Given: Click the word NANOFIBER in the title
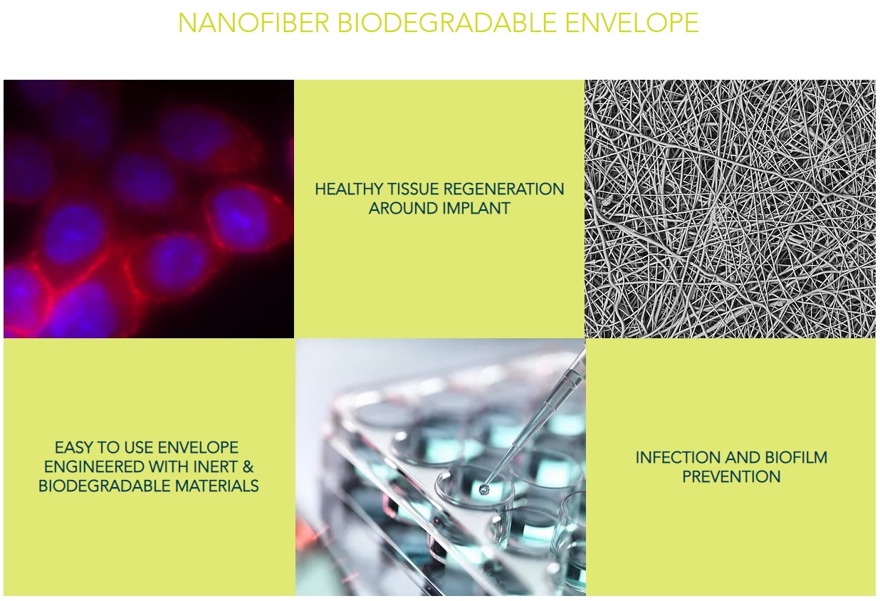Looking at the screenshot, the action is (x=253, y=23).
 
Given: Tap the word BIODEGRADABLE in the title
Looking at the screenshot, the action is (x=447, y=23).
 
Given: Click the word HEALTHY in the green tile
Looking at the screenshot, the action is (x=350, y=189).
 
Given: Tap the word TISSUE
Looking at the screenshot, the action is (x=414, y=189).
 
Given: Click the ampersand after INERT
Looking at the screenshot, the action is (x=248, y=467).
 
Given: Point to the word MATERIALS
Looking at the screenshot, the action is (x=217, y=486).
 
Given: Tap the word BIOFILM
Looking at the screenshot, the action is (x=796, y=458).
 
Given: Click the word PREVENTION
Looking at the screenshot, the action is (x=731, y=477).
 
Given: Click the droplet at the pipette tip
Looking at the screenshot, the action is (x=483, y=488).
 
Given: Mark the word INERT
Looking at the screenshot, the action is (x=215, y=467).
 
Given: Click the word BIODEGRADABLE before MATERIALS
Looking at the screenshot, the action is (x=105, y=486).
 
